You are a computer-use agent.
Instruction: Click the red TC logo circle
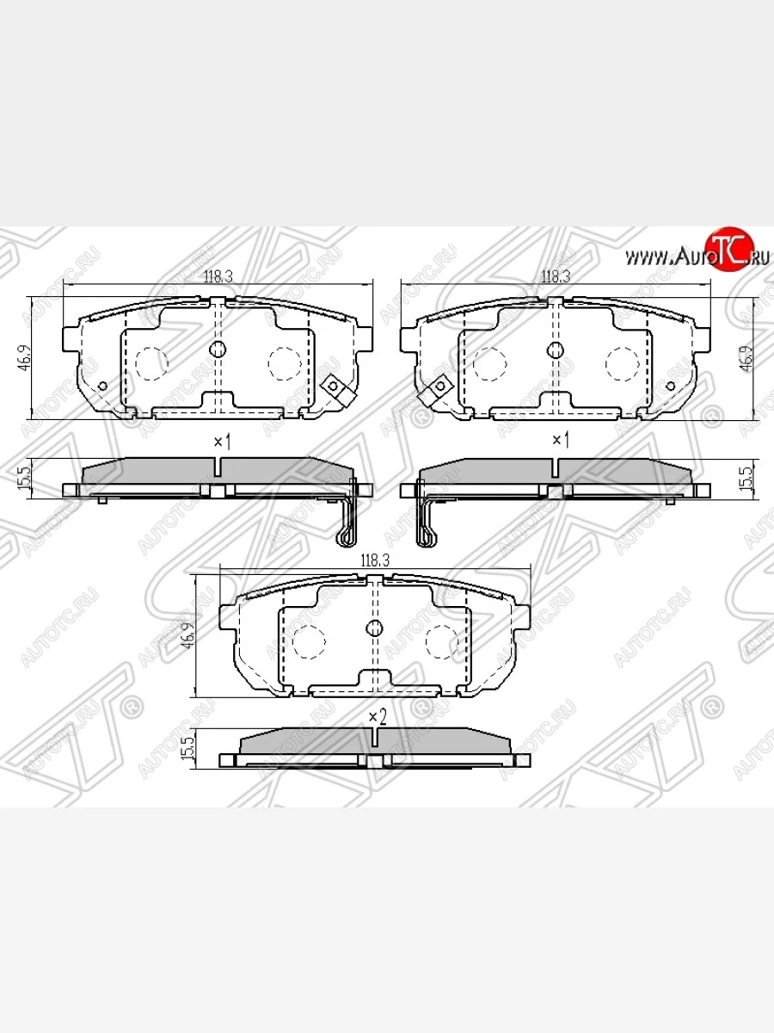728,251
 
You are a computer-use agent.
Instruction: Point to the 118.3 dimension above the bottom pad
375,560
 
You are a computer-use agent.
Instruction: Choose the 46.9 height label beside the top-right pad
748,357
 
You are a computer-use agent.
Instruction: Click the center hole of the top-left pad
218,349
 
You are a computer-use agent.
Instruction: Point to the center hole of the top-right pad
555,349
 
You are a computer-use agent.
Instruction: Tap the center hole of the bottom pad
375,628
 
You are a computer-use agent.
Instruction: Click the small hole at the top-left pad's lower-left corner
103,385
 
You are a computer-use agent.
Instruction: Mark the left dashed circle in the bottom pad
306,640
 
